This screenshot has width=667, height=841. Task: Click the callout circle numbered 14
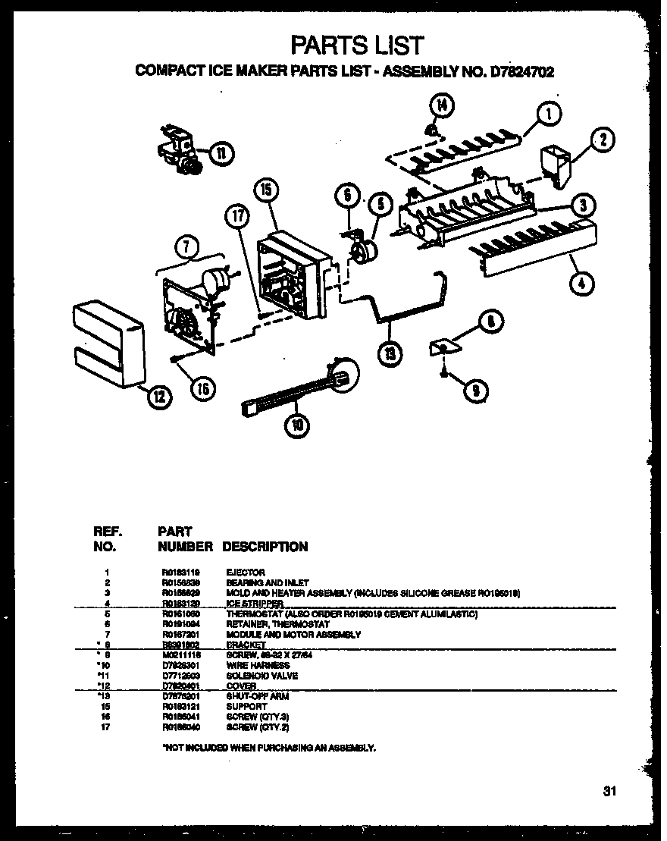[x=443, y=105]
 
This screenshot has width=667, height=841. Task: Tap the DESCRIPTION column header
[x=265, y=547]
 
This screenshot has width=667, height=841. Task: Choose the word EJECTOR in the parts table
[x=245, y=572]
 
